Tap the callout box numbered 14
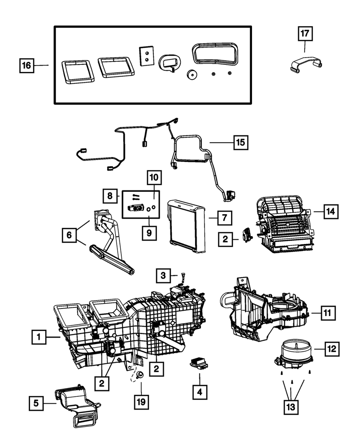(330, 211)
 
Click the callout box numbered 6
(69, 235)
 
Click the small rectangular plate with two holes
(146, 56)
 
